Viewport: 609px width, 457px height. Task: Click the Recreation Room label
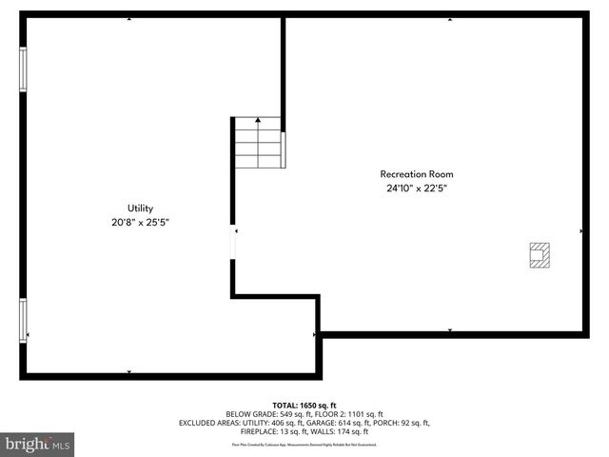coord(417,174)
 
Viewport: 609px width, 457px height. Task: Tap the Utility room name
coord(141,208)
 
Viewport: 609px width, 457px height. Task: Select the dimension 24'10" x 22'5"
coord(417,189)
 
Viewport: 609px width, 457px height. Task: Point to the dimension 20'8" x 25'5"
coord(141,222)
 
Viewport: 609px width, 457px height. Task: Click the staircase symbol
coord(258,143)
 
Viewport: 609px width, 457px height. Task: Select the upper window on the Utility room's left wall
coord(24,69)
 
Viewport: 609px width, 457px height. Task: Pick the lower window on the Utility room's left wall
coord(24,321)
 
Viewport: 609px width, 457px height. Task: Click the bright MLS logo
coord(38,444)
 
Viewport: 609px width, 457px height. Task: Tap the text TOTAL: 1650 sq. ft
coord(304,406)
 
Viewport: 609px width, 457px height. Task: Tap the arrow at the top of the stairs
coord(258,121)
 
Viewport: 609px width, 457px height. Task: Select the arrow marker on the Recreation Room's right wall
coord(581,230)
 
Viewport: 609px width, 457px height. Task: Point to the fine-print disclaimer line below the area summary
coord(304,444)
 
